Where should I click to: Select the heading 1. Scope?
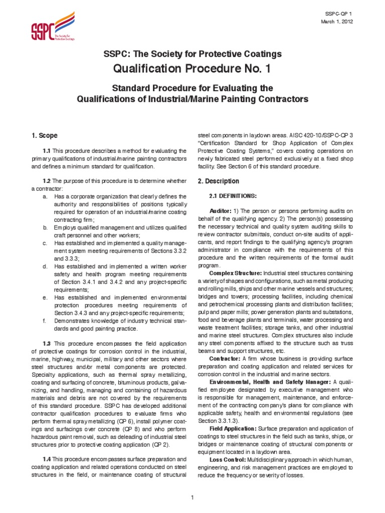coord(45,136)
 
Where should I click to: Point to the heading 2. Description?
coord(218,181)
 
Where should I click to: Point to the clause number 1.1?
coord(47,151)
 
